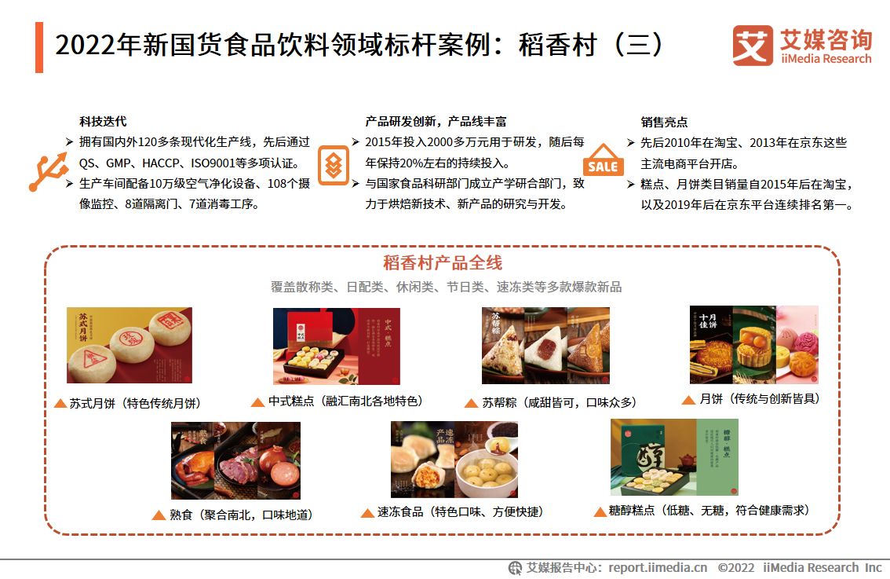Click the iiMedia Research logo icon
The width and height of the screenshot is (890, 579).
(x=752, y=46)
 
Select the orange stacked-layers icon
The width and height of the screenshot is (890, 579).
(x=334, y=165)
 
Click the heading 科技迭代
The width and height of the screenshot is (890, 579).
(x=103, y=122)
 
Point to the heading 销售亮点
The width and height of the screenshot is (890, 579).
(x=664, y=122)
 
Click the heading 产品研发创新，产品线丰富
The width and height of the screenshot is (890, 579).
(x=436, y=122)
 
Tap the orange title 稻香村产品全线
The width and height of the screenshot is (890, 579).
(x=443, y=263)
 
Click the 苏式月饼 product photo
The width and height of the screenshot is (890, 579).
(x=129, y=345)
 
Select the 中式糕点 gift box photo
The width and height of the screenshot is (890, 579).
(x=336, y=346)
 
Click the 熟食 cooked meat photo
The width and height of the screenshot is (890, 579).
(x=235, y=460)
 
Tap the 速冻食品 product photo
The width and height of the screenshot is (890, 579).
(x=454, y=460)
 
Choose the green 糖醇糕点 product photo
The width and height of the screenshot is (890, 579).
(x=674, y=457)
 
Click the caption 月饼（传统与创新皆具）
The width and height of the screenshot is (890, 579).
(x=759, y=399)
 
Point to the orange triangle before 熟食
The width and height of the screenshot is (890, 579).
(x=157, y=515)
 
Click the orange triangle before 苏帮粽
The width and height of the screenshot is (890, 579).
(x=471, y=403)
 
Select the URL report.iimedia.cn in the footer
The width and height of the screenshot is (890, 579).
(x=658, y=568)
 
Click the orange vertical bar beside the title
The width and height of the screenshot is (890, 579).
(x=39, y=47)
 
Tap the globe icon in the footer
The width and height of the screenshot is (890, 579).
(x=515, y=568)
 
